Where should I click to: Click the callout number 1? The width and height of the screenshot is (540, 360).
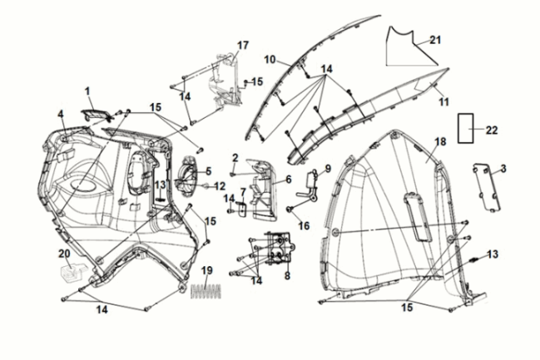[x=88, y=91]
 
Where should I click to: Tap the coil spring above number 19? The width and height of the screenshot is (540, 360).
[x=208, y=290]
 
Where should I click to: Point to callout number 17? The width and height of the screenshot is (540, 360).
[x=243, y=44]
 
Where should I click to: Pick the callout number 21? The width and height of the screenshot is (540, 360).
[x=435, y=39]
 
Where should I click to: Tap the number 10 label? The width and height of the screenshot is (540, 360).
[x=270, y=60]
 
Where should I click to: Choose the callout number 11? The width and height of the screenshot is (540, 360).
[x=443, y=101]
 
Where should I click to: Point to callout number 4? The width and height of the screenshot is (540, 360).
[x=60, y=114]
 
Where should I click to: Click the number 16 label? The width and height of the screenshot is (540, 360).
[x=304, y=224]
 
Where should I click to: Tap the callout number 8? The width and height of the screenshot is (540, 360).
[x=287, y=275]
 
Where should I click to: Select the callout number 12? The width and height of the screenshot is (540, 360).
[x=220, y=185]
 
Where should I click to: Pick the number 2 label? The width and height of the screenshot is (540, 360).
[x=235, y=157]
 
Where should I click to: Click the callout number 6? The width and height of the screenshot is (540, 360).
[x=288, y=179]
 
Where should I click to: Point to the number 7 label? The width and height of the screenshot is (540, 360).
[x=243, y=191]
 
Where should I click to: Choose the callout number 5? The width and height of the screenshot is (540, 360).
[x=208, y=172]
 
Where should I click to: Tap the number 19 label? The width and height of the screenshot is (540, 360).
[x=207, y=270]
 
